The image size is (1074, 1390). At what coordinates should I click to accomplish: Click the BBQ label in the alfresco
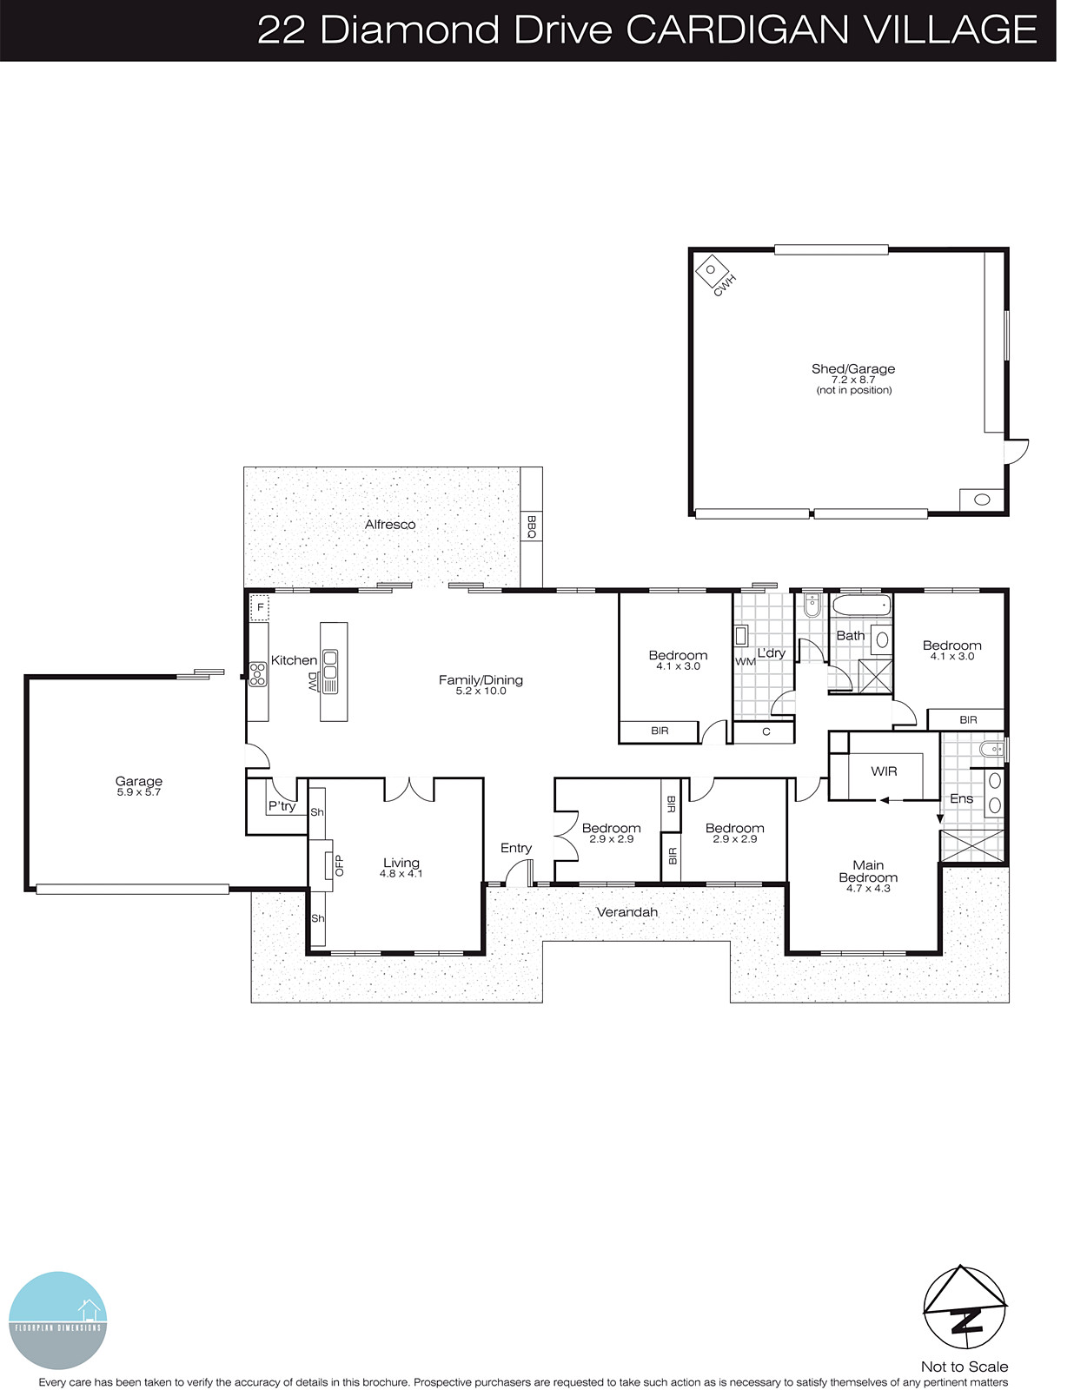531,526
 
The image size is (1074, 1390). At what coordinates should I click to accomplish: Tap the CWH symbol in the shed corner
712,270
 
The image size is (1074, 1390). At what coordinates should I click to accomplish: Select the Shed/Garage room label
852,369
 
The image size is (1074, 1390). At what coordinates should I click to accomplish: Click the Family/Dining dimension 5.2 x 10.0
481,692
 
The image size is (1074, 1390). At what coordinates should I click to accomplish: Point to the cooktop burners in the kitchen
257,674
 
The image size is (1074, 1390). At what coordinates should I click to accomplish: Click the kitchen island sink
330,670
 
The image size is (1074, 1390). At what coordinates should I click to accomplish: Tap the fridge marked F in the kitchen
259,607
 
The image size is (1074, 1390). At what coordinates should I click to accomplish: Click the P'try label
282,806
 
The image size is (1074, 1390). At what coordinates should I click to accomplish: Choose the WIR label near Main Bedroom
884,771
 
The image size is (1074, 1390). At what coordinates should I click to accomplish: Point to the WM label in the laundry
745,662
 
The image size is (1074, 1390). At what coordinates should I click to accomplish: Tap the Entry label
515,848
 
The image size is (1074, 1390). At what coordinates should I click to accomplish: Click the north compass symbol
965,1305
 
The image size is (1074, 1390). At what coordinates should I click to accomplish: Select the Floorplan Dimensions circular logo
57,1320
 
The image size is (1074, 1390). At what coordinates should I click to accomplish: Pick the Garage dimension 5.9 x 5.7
139,792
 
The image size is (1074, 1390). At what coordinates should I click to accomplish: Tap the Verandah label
626,912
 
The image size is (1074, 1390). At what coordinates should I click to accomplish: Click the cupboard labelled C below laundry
766,731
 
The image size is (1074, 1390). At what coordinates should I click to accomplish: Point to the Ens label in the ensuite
961,798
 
